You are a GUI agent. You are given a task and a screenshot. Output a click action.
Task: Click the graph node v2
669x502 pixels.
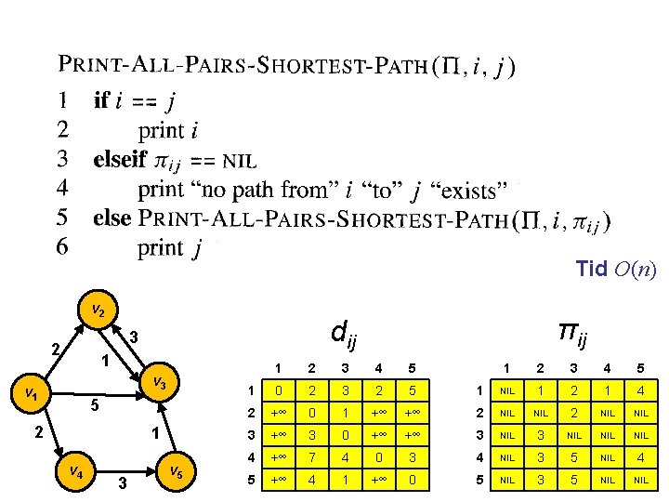point(98,310)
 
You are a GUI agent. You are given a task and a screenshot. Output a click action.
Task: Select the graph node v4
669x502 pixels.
point(75,471)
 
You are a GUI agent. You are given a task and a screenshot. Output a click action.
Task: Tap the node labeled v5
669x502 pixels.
point(177,471)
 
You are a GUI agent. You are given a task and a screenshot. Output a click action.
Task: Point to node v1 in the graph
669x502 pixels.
point(31,393)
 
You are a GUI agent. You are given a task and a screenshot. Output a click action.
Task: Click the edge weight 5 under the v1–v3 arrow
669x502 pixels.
point(95,405)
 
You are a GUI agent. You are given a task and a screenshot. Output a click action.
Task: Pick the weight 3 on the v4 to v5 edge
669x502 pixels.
point(123,483)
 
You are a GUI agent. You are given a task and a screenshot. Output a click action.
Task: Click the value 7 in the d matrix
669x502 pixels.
point(312,457)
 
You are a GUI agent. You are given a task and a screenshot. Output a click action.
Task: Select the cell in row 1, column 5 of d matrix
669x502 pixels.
point(413,390)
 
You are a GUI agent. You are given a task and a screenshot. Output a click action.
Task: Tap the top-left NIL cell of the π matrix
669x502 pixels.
point(507,390)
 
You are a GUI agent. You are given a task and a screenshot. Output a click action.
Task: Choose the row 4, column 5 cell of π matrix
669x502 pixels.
point(641,457)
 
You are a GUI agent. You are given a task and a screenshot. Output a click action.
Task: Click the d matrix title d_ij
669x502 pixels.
point(344,335)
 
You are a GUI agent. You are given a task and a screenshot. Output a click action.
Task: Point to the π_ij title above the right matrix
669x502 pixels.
point(573,335)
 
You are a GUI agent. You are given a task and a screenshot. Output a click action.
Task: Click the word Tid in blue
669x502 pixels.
point(591,269)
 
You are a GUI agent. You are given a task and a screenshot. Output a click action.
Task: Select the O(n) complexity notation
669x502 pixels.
point(636,270)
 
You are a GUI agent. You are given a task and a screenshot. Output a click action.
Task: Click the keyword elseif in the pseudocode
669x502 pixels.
point(120,159)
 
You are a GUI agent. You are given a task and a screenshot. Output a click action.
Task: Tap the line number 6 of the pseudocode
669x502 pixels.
point(62,246)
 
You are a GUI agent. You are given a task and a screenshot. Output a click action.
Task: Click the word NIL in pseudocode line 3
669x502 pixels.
point(240,162)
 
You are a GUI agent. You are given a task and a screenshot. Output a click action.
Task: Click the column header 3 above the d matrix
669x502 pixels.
point(345,368)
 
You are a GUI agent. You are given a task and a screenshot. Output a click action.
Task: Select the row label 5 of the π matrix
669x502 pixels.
point(480,480)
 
